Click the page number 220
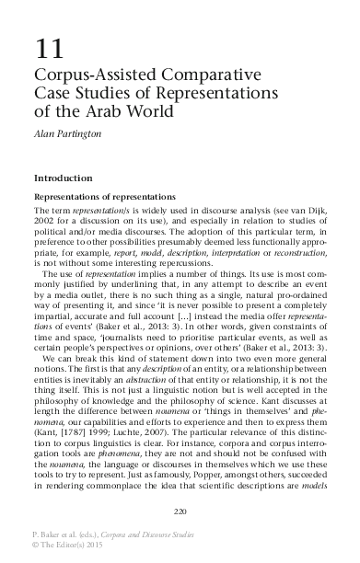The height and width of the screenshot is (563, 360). tap(180, 511)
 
